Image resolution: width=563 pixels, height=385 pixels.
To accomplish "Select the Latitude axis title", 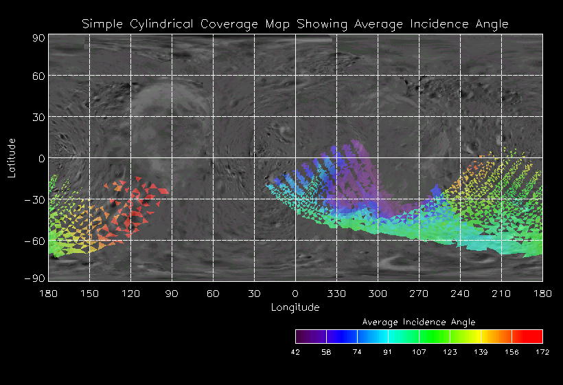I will point(12,157).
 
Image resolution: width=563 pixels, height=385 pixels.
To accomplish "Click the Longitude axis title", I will point(295,307).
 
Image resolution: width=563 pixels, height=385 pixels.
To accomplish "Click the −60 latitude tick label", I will point(34,241).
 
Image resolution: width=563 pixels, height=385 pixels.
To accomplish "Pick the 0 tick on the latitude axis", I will point(41,159).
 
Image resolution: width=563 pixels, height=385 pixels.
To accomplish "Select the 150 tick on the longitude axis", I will point(89,294).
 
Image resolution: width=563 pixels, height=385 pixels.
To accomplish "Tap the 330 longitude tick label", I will point(336,294).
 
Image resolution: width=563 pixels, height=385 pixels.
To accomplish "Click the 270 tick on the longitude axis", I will point(419,294).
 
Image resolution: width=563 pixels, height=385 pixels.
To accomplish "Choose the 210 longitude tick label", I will point(502,294).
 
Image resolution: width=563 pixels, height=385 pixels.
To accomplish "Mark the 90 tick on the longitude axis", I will point(172,294).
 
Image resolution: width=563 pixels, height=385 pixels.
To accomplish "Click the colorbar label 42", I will point(295,352).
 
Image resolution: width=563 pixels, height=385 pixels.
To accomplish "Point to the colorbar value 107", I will point(419,352).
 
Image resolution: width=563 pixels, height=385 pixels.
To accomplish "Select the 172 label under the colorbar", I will point(542,352).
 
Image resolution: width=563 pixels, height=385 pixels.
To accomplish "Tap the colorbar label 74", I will point(357,352).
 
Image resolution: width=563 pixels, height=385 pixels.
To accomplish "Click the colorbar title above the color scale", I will point(419,322).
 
